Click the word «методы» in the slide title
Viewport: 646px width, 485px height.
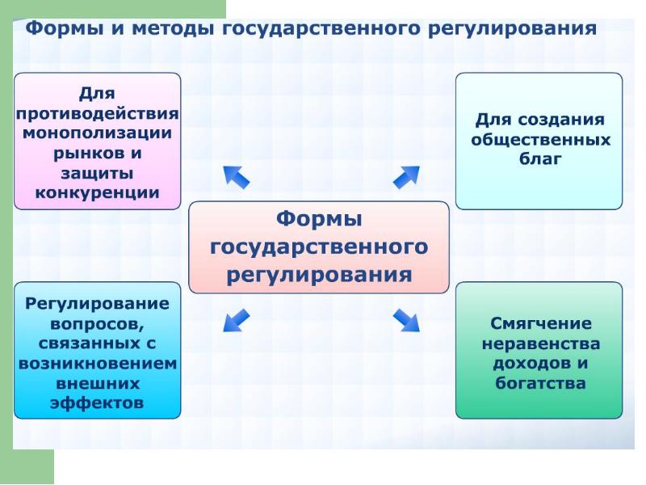click(x=173, y=29)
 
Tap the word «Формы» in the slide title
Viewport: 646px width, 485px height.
click(x=64, y=28)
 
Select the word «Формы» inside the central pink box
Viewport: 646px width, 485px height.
click(x=319, y=219)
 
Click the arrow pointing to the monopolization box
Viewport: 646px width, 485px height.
click(x=236, y=177)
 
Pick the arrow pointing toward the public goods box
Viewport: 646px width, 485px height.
click(x=406, y=177)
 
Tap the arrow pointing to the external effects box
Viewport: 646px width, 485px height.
click(x=236, y=320)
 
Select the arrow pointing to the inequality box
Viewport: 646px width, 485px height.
click(x=406, y=320)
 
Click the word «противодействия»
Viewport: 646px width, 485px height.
click(x=97, y=113)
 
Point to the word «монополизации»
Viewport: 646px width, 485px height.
click(x=97, y=133)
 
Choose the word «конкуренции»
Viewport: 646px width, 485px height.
click(x=97, y=192)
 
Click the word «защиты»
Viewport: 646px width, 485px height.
click(x=97, y=173)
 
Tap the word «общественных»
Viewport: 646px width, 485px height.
click(x=540, y=139)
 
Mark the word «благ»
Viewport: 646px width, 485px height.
click(x=540, y=158)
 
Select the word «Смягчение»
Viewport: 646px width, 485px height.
click(x=540, y=323)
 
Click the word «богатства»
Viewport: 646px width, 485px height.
click(x=540, y=383)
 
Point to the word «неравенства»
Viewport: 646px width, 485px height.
click(x=540, y=344)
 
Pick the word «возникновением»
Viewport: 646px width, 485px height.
click(x=98, y=364)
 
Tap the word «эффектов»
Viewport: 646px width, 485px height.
click(x=97, y=403)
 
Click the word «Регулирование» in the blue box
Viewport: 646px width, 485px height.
click(x=97, y=304)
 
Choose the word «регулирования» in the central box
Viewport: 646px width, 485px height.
click(x=319, y=275)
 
